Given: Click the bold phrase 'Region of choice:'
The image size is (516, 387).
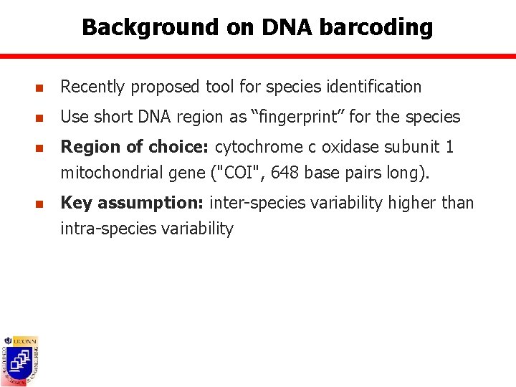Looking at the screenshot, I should pos(135,147).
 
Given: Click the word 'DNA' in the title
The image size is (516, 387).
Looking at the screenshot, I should pos(287,27).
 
